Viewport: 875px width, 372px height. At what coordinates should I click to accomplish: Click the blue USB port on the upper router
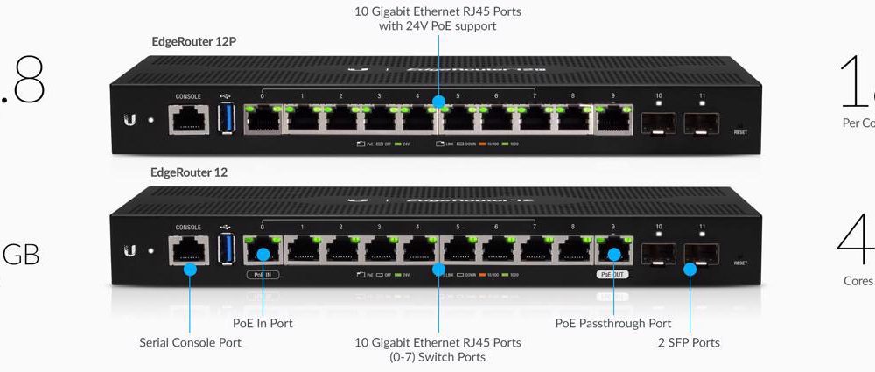tap(226, 117)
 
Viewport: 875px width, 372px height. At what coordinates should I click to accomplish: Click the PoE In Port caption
tap(262, 323)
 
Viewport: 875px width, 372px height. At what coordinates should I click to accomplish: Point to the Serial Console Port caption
tap(190, 342)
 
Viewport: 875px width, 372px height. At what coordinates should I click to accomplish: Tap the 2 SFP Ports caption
tap(689, 342)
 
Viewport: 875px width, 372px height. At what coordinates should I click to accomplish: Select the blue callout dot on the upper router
tap(438, 102)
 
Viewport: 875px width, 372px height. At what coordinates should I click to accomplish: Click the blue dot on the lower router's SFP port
tap(689, 270)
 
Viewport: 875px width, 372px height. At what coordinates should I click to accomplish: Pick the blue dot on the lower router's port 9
tap(613, 255)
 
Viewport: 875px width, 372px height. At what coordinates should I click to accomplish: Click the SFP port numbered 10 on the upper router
tap(659, 120)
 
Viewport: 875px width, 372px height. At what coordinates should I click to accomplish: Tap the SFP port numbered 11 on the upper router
tap(702, 120)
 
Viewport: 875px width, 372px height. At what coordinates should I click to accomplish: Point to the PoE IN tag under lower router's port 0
tap(262, 275)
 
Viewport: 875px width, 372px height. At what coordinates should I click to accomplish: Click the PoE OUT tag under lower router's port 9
tap(612, 275)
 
